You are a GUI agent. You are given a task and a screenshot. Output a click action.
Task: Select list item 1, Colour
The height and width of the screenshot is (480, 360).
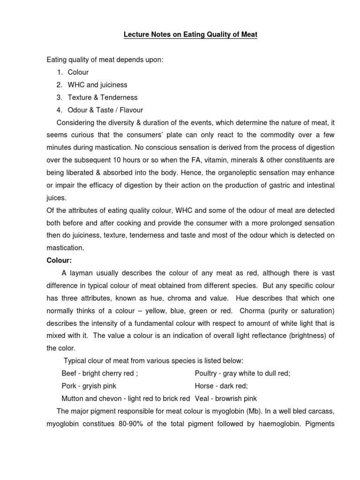[78, 72]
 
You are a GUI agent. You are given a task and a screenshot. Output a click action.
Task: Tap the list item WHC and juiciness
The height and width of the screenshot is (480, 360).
[97, 85]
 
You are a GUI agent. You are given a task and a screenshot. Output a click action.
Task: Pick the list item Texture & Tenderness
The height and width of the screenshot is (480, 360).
[102, 97]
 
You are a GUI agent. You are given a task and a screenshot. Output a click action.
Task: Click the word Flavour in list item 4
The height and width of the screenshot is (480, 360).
[130, 110]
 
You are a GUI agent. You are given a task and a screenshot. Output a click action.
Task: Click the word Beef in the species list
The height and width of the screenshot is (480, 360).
[69, 374]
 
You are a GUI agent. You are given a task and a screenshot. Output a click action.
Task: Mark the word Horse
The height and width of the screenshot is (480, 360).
[204, 386]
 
